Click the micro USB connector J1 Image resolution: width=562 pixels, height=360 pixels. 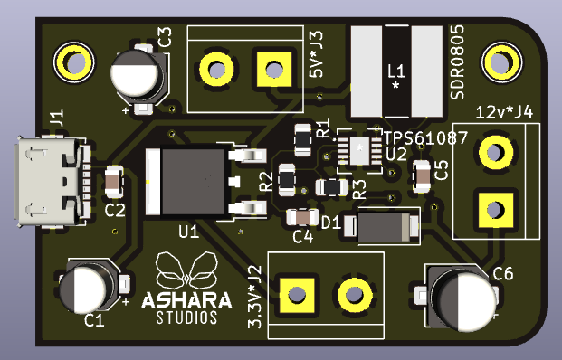click(52, 182)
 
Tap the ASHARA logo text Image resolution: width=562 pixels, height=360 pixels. click(186, 300)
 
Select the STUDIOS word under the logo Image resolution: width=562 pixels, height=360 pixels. click(186, 317)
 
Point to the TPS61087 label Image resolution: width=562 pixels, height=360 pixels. click(425, 137)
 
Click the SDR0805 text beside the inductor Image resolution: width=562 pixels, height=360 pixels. click(457, 62)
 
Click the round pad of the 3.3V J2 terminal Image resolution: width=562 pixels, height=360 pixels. click(355, 295)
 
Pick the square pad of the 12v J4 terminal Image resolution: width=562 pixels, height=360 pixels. click(496, 210)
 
